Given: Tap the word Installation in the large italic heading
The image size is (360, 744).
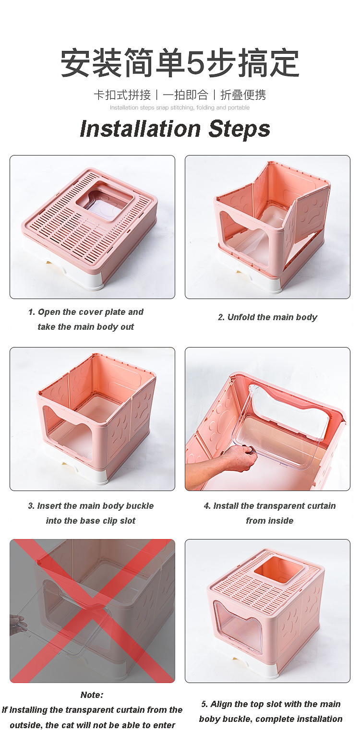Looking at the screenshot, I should [139, 129].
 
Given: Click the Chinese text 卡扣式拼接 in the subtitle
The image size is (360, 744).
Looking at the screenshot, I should [122, 95].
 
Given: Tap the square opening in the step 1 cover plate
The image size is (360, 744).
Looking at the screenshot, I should [104, 200].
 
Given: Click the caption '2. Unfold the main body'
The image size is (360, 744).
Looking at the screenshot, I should [267, 317].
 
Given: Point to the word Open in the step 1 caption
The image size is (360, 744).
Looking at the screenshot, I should [49, 312].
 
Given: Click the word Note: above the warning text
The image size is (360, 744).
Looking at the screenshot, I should [92, 695].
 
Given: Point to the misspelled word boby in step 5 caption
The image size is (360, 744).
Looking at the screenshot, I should [210, 719].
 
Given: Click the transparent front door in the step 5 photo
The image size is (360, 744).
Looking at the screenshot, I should [238, 626].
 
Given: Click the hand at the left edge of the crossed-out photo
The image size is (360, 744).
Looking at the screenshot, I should [17, 624].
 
